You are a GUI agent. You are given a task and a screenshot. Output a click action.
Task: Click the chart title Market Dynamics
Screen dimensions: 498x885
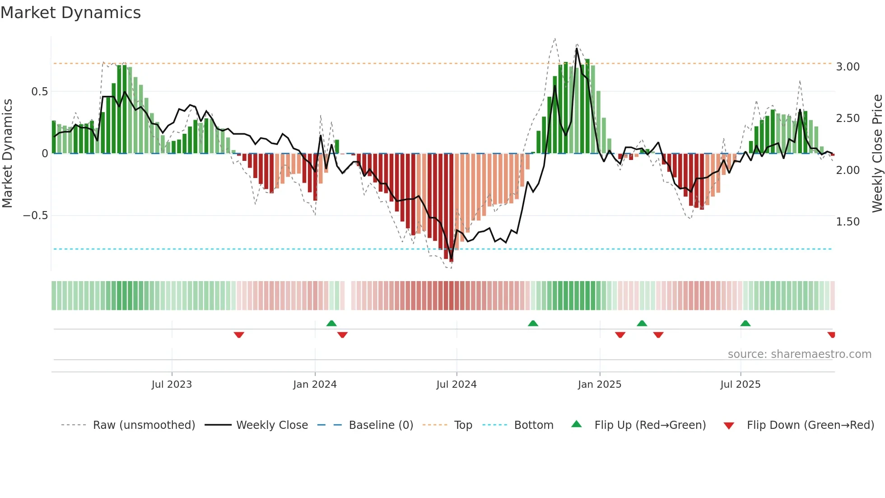coord(71,13)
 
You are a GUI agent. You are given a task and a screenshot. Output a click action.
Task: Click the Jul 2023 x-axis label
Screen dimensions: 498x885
coord(172,385)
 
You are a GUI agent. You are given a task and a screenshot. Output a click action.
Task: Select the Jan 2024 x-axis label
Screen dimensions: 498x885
coord(315,385)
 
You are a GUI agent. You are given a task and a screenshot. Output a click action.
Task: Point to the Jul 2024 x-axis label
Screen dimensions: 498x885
coord(456,385)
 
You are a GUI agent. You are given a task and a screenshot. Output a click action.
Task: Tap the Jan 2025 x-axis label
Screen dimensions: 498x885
coord(600,385)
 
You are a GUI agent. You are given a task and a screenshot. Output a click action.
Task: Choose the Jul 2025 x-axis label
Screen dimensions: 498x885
coord(741,385)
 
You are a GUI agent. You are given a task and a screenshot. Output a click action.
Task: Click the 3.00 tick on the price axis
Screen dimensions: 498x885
coord(848,67)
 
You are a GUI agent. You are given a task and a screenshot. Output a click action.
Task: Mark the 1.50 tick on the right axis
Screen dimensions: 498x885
coord(848,222)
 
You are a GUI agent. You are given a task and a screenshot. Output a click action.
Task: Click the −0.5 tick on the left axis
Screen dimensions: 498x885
coord(35,216)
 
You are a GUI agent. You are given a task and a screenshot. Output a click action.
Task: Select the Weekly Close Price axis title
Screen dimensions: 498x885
coord(877,153)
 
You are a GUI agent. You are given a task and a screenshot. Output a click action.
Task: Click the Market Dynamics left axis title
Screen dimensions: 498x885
coord(7,153)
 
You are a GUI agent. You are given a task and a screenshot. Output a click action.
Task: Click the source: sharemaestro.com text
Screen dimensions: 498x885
coord(799,354)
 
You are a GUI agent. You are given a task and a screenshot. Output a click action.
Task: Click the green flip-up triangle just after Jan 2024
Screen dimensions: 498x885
coord(331,323)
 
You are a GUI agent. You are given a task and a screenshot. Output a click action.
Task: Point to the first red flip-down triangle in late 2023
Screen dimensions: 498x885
coord(239,335)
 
